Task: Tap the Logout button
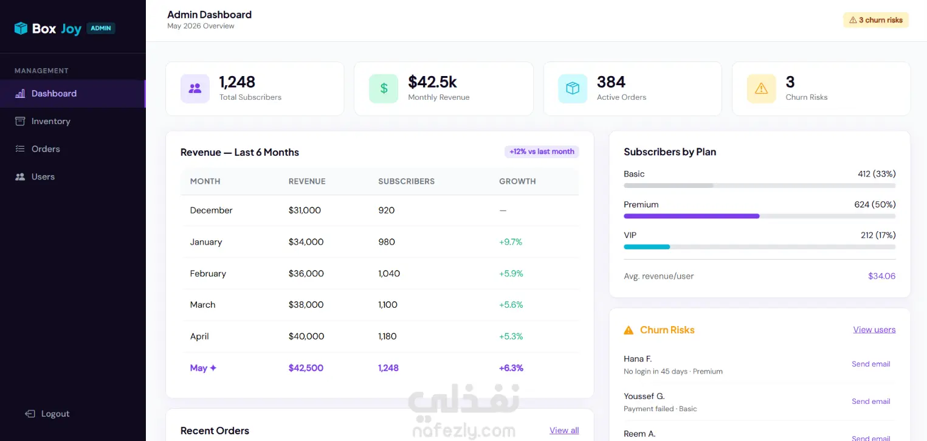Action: tap(47, 414)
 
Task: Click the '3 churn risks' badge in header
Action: tap(876, 20)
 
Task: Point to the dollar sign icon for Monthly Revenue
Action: tap(384, 88)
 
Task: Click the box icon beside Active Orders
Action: tap(573, 88)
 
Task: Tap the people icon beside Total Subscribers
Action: tap(195, 88)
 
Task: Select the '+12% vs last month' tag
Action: tap(541, 151)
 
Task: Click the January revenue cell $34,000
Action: tap(306, 242)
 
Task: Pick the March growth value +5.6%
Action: tap(511, 305)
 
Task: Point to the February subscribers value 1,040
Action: tap(389, 274)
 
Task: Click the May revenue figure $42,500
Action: tap(306, 368)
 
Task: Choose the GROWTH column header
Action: tap(517, 181)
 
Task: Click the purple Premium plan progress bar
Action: tap(692, 216)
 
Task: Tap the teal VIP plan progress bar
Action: tap(646, 247)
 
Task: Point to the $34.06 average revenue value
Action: tap(881, 276)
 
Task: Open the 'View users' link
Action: tap(874, 330)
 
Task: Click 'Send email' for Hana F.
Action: tap(870, 364)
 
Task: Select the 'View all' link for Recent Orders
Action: tap(564, 430)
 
